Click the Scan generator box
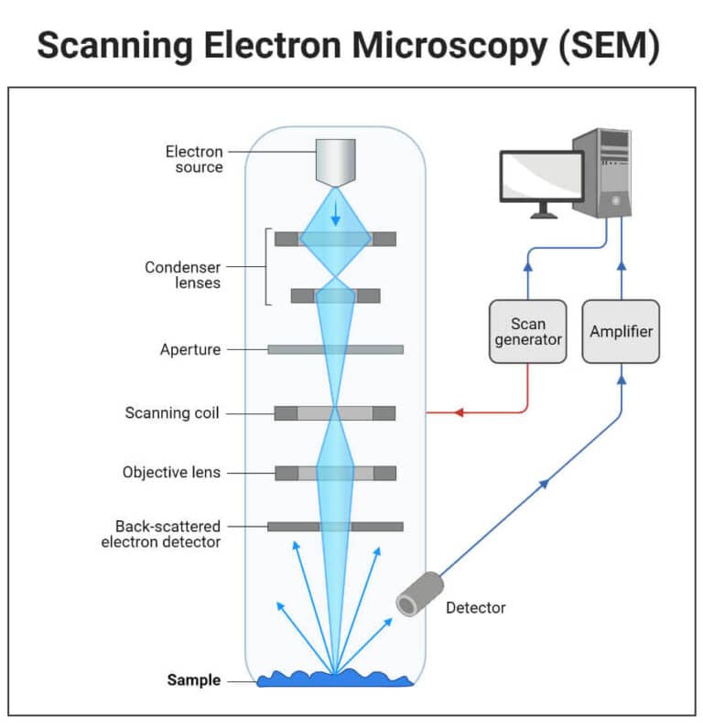pyautogui.click(x=527, y=331)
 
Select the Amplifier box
pyautogui.click(x=621, y=331)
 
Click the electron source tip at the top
pyautogui.click(x=336, y=162)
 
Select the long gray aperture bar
pyautogui.click(x=335, y=349)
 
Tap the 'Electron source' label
pyautogui.click(x=193, y=159)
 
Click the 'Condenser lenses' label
pyautogui.click(x=183, y=275)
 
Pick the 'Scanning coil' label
pyautogui.click(x=172, y=413)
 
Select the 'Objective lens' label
pyautogui.click(x=171, y=473)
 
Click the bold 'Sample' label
pyautogui.click(x=193, y=680)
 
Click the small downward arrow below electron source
pyautogui.click(x=336, y=216)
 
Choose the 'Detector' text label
pyautogui.click(x=475, y=607)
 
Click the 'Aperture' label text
pyautogui.click(x=189, y=349)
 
